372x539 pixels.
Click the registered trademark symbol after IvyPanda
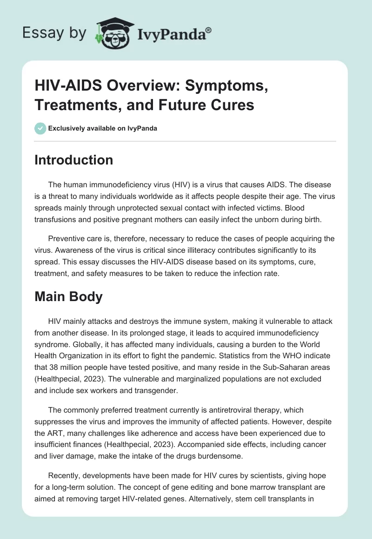tap(209, 30)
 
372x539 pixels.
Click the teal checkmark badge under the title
tap(40, 128)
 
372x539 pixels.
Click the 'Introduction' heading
tap(74, 160)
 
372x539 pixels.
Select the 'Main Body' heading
tap(69, 297)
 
